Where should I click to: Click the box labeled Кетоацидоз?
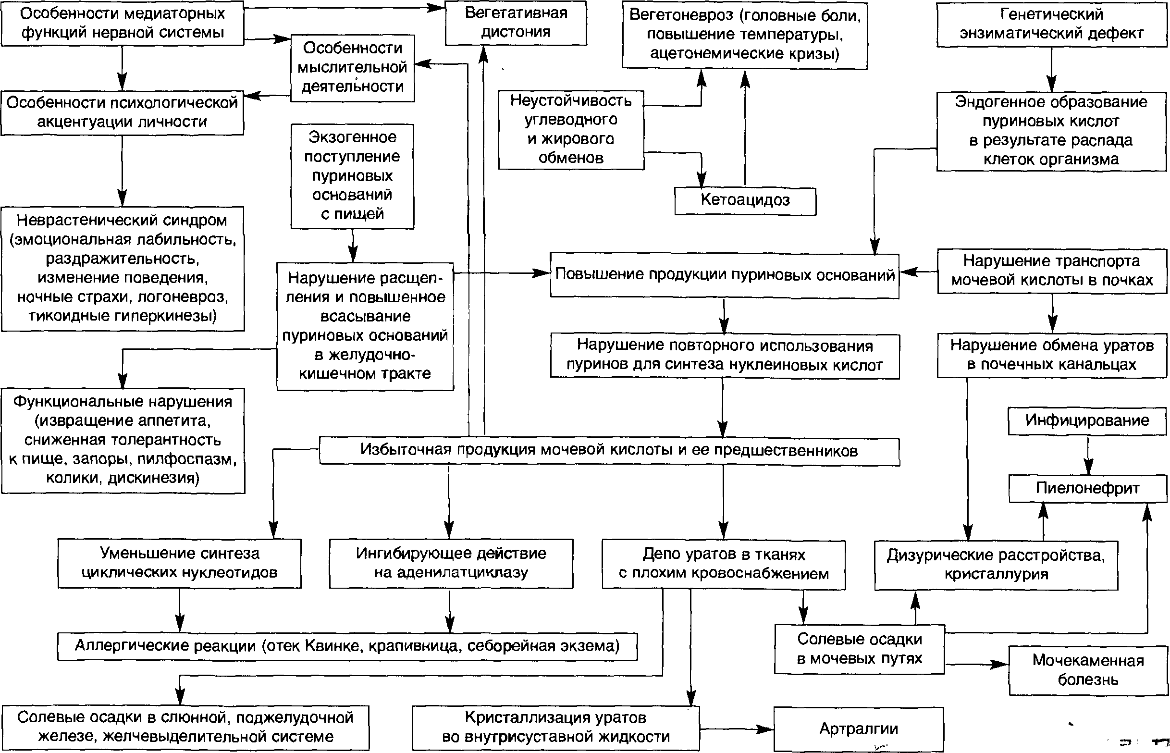(x=745, y=200)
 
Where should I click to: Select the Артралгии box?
(x=859, y=729)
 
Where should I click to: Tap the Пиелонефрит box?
(x=1088, y=488)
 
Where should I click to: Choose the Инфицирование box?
(x=1087, y=420)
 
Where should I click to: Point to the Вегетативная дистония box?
(x=516, y=23)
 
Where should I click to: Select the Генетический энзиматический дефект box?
(x=1052, y=24)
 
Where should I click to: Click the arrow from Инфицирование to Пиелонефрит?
(x=1088, y=454)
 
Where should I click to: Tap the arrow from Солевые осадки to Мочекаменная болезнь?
(x=976, y=665)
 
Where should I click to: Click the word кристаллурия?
(x=996, y=574)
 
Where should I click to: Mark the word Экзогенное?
(x=352, y=137)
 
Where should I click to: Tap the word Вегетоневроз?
(x=681, y=15)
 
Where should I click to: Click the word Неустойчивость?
(x=570, y=101)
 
